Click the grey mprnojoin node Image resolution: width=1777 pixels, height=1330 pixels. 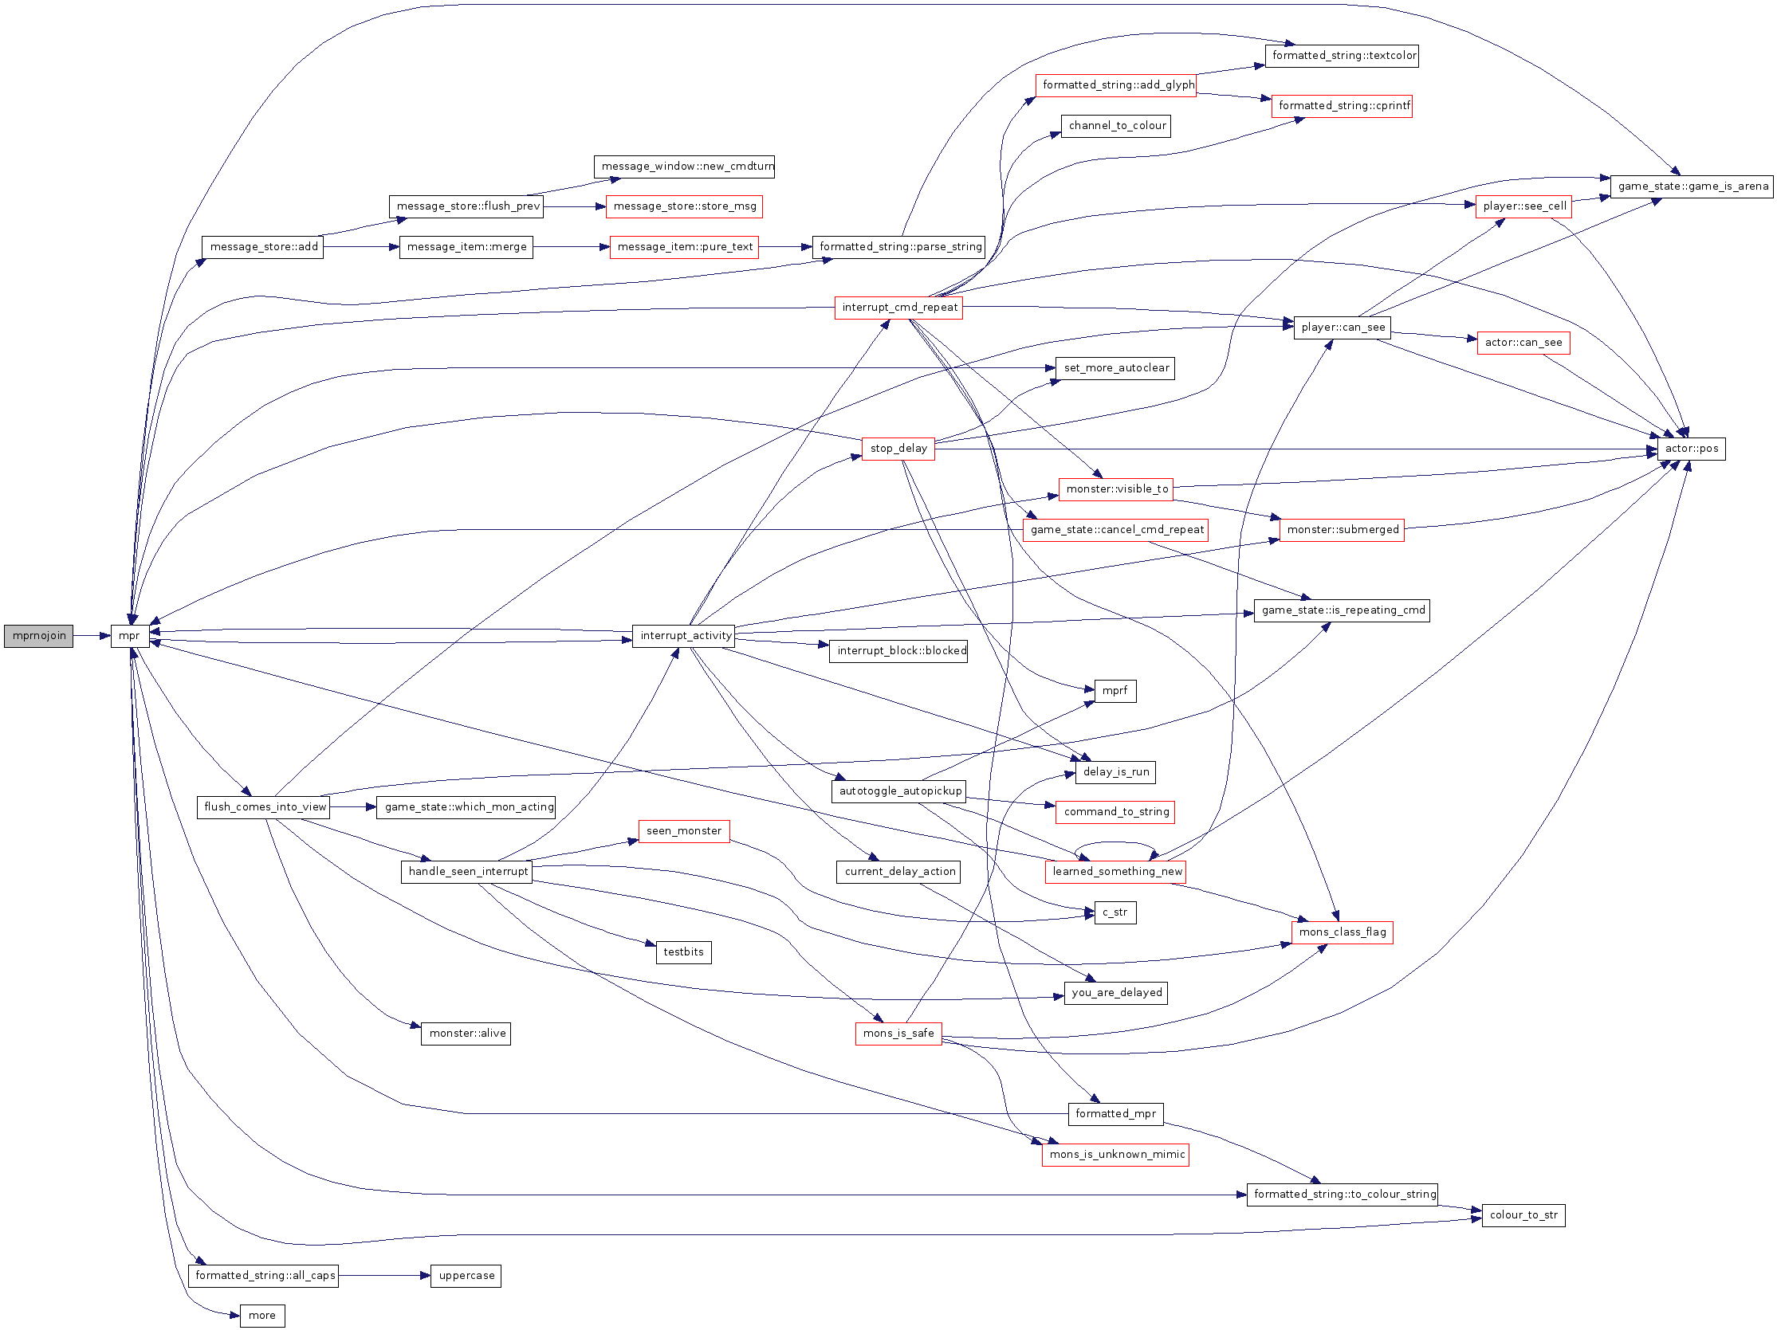[x=38, y=636]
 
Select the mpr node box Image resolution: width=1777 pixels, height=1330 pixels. [x=129, y=636]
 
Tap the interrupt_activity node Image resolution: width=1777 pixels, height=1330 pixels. [x=686, y=636]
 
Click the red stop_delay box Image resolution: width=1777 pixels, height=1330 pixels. [x=898, y=449]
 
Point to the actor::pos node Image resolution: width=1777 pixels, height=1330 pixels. [x=1691, y=449]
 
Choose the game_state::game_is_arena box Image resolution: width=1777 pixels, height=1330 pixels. [x=1692, y=186]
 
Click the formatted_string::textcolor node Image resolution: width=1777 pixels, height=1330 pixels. [x=1343, y=57]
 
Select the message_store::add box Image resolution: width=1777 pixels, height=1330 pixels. [x=263, y=247]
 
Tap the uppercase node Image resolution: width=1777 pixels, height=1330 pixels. [x=466, y=1276]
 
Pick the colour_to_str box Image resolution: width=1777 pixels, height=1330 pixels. [x=1523, y=1215]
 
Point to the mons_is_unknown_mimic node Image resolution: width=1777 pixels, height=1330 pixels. [x=1116, y=1155]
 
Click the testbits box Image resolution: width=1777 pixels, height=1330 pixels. [x=684, y=952]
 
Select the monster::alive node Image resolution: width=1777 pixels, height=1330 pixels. [x=466, y=1034]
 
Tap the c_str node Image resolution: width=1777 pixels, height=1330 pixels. [x=1115, y=912]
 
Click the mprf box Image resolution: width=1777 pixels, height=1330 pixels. [x=1115, y=691]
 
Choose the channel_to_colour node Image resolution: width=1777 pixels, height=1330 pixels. [x=1116, y=126]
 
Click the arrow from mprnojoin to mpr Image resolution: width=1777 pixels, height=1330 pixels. [x=92, y=636]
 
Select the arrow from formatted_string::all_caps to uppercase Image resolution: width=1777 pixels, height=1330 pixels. [x=385, y=1276]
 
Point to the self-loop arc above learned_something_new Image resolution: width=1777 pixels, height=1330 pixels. [x=1115, y=843]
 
